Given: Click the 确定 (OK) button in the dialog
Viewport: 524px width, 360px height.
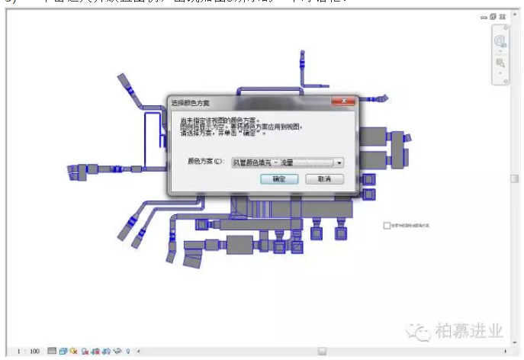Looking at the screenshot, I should [278, 179].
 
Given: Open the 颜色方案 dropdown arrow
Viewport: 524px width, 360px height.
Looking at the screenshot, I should [339, 162].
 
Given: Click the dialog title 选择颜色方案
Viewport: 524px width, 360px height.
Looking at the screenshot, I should [190, 102].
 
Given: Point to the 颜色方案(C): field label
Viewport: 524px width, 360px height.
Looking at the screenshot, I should [205, 162].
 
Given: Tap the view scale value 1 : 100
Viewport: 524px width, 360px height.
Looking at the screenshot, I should [28, 352].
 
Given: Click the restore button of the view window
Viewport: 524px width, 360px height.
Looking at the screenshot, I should [493, 17].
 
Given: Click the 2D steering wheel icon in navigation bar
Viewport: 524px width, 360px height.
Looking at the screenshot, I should [500, 41].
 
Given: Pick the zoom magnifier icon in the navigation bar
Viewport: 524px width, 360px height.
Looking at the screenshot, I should [500, 63].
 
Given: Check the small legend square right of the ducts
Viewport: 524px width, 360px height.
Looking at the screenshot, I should [387, 226].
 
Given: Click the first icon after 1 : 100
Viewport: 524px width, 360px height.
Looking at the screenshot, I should [52, 352].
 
